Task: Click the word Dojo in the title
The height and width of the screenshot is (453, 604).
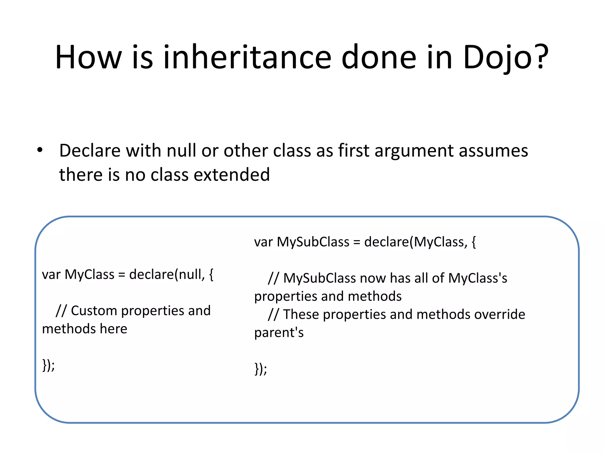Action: coord(498,58)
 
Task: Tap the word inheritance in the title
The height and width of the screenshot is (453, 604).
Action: coord(247,58)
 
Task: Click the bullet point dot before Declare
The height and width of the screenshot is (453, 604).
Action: coord(40,150)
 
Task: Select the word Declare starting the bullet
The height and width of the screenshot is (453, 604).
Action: coord(90,151)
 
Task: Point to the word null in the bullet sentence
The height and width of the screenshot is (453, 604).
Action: coord(181,151)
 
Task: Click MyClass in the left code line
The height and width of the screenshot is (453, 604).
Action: coord(89,275)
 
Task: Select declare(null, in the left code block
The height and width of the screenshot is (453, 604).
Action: coord(167,275)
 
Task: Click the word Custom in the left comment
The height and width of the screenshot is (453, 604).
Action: coord(94,311)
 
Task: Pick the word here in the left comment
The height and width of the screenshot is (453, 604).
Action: coord(114,329)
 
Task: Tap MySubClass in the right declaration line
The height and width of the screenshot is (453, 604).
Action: coord(313,242)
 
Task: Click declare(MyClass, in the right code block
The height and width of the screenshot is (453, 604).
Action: coord(416,242)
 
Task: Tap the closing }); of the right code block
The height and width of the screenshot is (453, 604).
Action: coord(261,369)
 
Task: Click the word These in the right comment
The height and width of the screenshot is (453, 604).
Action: coord(301,314)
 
